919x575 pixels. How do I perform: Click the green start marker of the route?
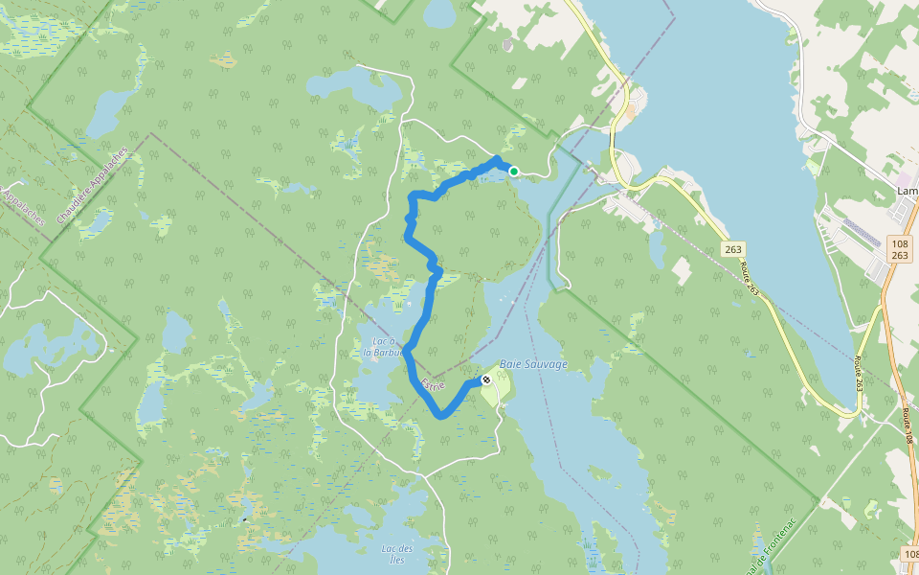coord(514,172)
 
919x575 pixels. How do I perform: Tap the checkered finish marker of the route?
coord(486,380)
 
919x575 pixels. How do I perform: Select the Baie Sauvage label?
coord(533,364)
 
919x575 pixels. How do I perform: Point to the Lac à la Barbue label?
coord(380,346)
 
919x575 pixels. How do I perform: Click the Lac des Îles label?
coord(396,553)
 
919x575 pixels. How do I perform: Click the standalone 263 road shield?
coord(732,249)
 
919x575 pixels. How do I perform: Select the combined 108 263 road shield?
coord(899,249)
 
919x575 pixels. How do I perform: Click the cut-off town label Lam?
coord(907,191)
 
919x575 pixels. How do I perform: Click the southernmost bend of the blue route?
coord(440,415)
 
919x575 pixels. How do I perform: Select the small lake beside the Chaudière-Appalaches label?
coord(96,223)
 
